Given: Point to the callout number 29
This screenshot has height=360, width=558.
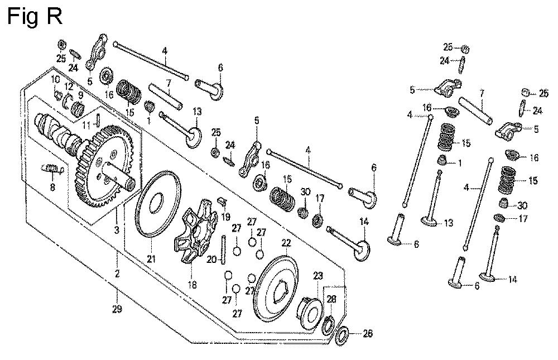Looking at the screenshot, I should pos(117,309).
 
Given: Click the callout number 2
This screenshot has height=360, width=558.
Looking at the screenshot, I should pos(117,273).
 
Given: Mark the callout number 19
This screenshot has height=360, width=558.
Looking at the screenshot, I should pos(227,216).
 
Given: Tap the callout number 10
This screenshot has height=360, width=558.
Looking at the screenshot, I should pos(55,80).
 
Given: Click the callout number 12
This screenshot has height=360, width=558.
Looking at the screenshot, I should pos(69,86).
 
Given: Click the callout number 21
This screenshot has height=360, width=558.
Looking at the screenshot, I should pos(151,258).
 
